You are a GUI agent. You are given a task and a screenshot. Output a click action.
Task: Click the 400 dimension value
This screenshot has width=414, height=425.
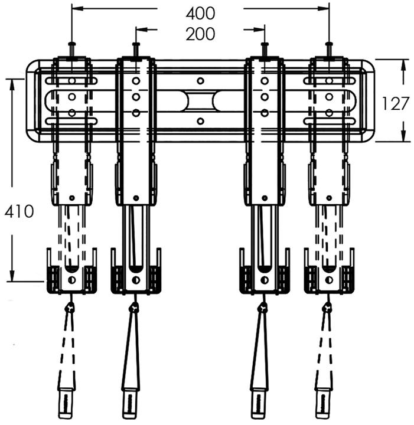point(200,12)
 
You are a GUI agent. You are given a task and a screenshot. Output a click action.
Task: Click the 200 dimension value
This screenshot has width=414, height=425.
point(200,34)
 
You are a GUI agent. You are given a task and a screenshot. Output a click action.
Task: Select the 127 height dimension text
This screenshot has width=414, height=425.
point(394,103)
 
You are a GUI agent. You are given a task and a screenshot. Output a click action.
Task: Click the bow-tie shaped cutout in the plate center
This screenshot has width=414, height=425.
point(200,101)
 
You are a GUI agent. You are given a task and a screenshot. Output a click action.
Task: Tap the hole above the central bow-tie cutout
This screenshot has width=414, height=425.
point(200,80)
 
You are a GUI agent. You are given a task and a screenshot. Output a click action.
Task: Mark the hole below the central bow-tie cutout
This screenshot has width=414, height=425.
point(200,122)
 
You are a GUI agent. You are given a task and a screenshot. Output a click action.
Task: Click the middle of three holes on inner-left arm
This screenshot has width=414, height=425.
point(136,96)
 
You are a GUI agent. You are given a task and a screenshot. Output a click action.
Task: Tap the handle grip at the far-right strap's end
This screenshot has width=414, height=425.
point(324,404)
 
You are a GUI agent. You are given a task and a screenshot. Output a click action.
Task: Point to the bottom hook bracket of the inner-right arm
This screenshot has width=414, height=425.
point(264,274)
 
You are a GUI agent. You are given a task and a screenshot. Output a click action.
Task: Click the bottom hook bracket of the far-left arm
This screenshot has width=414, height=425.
point(71,274)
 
